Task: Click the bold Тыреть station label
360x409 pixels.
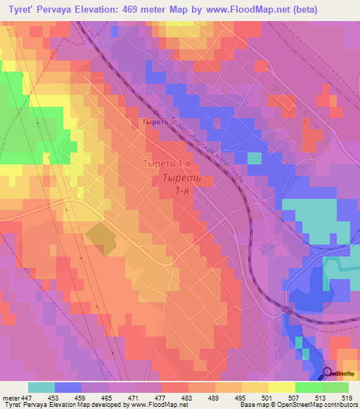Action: tap(154, 122)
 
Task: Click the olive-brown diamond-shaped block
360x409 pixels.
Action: tap(103, 238)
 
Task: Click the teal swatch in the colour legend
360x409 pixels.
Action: tap(41, 387)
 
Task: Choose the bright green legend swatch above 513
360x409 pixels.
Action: tap(308, 387)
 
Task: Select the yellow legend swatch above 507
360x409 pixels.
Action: tap(281, 387)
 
